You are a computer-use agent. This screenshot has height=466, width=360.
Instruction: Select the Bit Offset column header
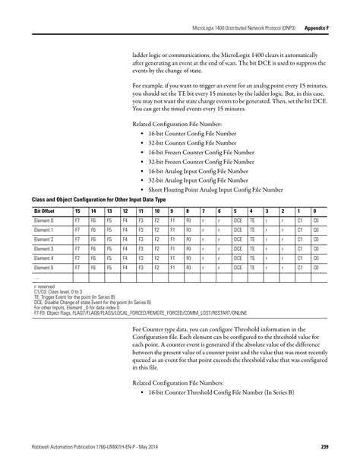tap(43, 209)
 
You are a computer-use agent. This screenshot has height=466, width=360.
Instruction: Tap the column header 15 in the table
tap(77, 209)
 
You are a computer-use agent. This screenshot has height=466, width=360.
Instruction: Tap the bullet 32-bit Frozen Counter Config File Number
tap(201, 161)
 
